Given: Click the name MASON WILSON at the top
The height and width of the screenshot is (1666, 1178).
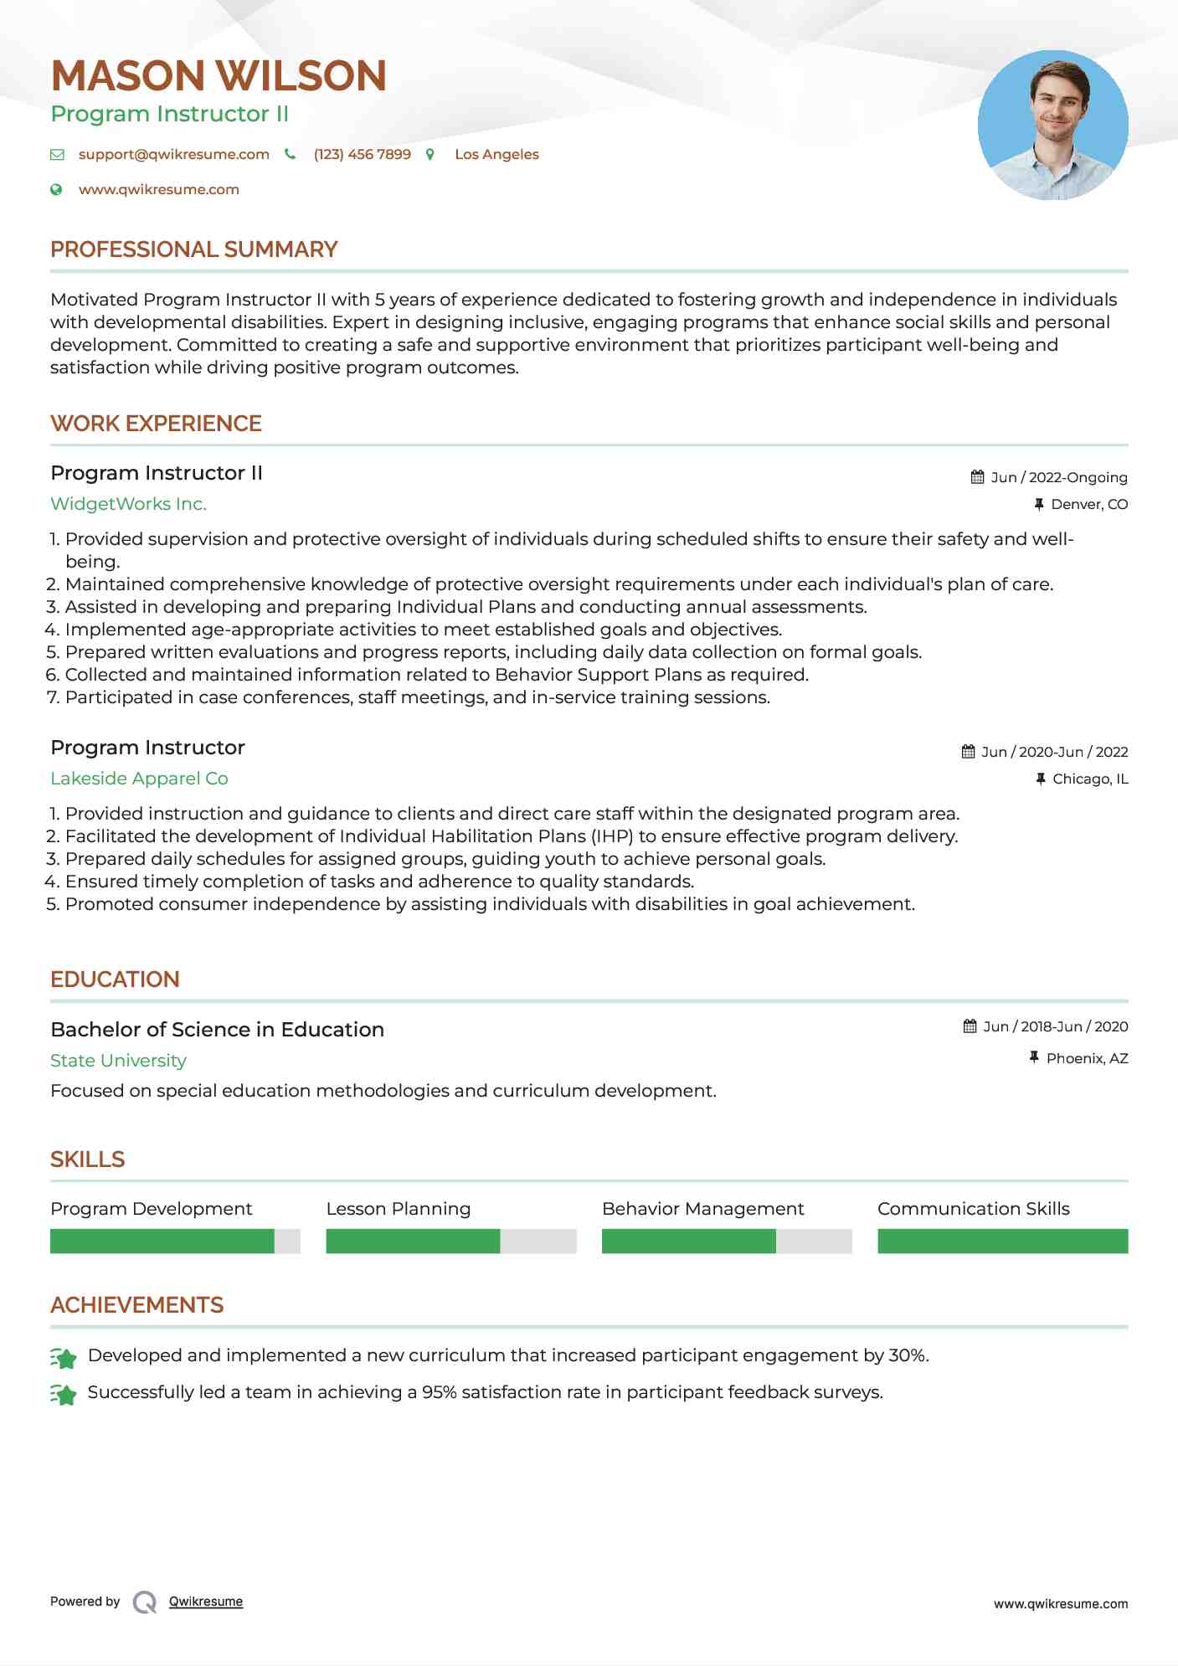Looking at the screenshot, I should click(218, 76).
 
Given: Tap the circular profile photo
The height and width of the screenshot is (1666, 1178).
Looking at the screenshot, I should click(1052, 126).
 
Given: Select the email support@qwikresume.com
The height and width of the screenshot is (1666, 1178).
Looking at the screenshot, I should click(173, 155).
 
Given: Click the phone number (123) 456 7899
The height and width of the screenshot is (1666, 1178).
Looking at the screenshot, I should click(362, 155).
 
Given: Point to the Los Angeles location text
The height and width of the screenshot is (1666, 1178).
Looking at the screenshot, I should click(496, 155).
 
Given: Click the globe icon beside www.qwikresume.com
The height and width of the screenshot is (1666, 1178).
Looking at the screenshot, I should click(56, 190).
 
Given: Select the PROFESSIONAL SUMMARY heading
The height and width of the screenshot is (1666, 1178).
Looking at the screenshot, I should click(193, 249).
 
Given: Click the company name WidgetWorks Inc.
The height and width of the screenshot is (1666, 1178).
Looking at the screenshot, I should click(128, 504).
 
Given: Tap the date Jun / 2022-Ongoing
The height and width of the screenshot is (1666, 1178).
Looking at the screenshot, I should click(1058, 478).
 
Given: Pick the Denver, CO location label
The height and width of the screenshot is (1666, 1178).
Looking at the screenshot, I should click(1088, 505).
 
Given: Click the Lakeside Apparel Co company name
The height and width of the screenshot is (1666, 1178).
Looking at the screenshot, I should click(139, 779).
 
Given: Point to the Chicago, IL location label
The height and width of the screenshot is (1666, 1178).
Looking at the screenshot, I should click(1089, 779).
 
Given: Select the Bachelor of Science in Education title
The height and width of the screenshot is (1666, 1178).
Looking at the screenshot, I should click(217, 1030).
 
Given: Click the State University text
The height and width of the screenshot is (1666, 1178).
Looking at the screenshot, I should click(118, 1061).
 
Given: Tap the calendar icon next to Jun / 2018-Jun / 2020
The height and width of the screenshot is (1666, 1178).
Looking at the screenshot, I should click(970, 1026).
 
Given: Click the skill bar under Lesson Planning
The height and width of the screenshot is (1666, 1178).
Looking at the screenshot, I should click(450, 1241).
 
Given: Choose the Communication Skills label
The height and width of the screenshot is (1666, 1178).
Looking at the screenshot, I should click(973, 1209).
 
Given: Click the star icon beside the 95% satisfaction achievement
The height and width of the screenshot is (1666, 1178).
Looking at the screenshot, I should click(63, 1394).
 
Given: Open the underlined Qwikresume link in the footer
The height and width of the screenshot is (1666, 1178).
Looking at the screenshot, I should click(205, 1602).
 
